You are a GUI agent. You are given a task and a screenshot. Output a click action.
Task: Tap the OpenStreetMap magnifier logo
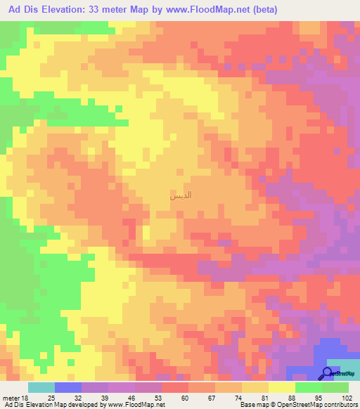coord(328,373)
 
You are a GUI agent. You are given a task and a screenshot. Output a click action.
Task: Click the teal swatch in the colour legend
coord(41,387)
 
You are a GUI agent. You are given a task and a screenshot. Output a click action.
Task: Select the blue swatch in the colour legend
coord(68,387)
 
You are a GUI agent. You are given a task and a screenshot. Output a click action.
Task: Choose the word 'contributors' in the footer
coord(340,405)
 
